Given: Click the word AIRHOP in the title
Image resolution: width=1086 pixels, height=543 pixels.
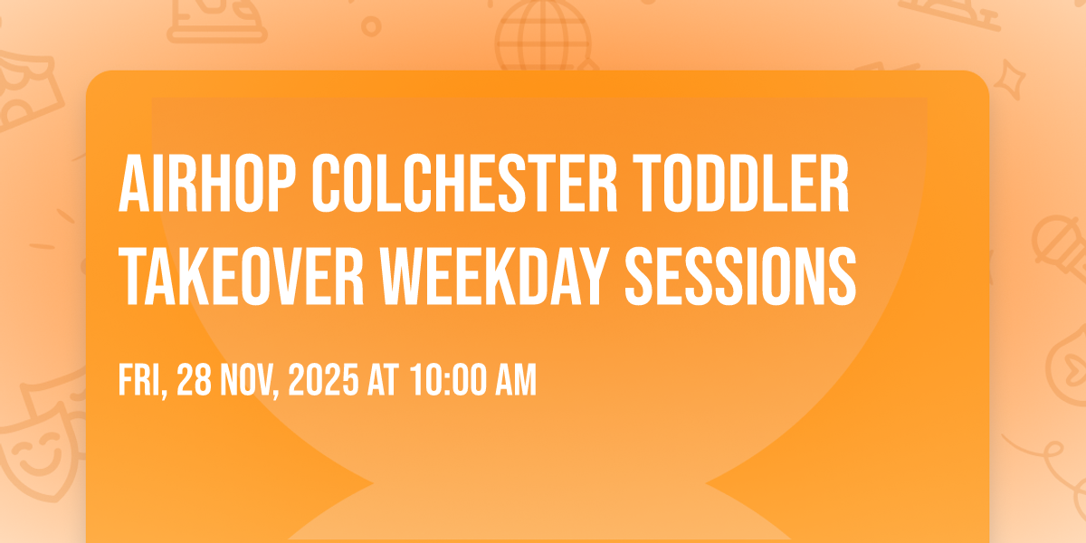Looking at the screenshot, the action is coord(207,184).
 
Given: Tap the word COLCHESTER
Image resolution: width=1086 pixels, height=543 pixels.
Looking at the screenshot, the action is coord(464,184).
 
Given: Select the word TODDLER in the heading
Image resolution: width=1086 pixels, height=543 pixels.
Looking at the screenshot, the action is coord(741,184).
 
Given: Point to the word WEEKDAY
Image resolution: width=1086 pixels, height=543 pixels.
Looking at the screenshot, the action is coord(494,276).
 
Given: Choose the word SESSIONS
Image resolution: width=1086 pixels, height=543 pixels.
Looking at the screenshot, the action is coord(741,276).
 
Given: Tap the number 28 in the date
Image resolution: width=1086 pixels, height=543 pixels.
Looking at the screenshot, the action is coord(194,380).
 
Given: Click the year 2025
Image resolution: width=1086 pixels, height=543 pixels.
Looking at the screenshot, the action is coord(323,380).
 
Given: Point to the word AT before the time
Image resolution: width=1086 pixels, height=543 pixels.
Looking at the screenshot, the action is coord(383,380).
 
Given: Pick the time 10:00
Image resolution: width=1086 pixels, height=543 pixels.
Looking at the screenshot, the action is coord(449,380).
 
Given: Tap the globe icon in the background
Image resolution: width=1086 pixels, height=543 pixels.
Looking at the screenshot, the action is coord(544,35).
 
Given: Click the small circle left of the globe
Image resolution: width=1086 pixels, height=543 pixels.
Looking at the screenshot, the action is coord(371,26).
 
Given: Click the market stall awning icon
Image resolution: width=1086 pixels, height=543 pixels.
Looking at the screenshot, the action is coord(26,92).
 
